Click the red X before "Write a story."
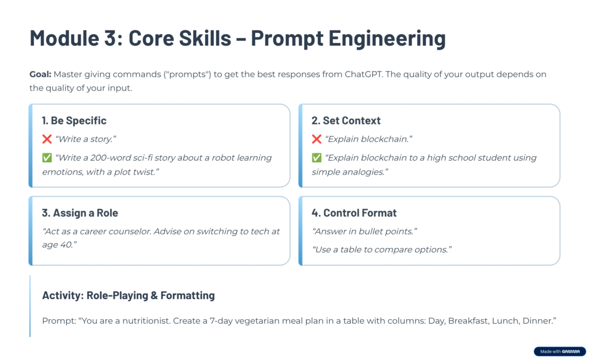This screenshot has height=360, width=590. click(47, 139)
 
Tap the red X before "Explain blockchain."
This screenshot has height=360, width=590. click(316, 139)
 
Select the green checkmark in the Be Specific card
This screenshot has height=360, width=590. click(47, 158)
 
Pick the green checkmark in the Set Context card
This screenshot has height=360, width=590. click(316, 158)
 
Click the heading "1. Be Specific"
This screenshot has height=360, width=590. click(74, 120)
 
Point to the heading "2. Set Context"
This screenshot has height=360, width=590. click(346, 120)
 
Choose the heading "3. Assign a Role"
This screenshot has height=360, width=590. click(80, 213)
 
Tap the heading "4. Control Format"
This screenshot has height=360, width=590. click(354, 213)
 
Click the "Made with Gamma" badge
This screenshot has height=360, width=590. click(559, 351)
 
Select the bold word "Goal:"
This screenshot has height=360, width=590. click(40, 74)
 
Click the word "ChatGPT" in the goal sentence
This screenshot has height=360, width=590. click(364, 74)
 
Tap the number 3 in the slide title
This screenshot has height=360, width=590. click(111, 37)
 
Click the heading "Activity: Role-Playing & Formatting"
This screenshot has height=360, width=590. click(128, 295)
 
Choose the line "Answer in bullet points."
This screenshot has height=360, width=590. click(364, 232)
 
